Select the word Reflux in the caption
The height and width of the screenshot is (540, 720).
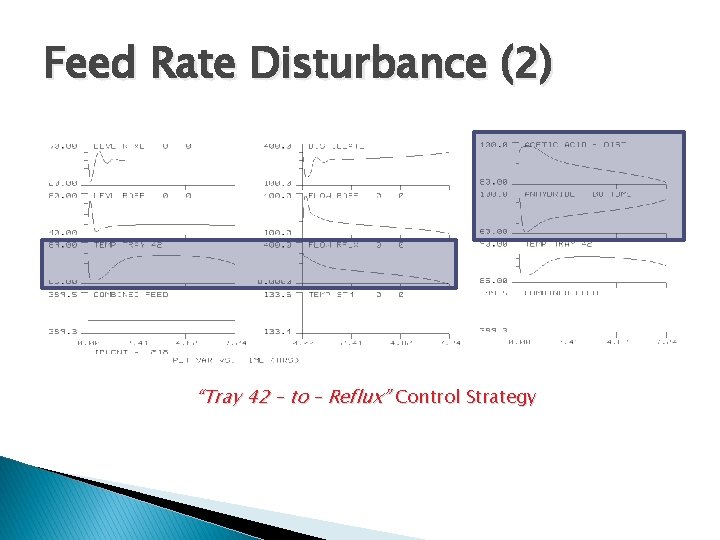(x=355, y=397)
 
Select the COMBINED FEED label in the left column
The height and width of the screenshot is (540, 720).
(x=131, y=295)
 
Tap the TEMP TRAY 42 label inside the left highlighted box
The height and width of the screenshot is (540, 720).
(x=127, y=245)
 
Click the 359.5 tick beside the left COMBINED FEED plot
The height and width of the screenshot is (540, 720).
(x=63, y=295)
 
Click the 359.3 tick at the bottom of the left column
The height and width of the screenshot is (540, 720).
(x=63, y=332)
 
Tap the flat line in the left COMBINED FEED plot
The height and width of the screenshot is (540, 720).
(x=160, y=319)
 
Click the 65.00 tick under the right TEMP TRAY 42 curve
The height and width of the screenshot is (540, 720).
(x=494, y=282)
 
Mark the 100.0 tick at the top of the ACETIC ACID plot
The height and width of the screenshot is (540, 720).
(x=494, y=145)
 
